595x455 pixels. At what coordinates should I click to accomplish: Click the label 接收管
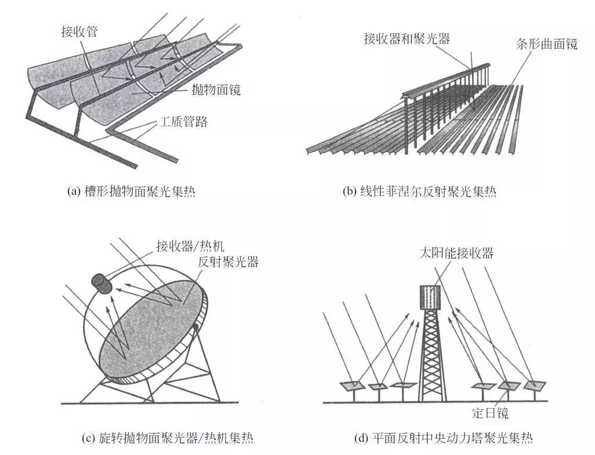pyautogui.click(x=79, y=31)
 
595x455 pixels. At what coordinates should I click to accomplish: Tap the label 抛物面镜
pyautogui.click(x=216, y=89)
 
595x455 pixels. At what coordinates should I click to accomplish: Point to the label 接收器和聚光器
pyautogui.click(x=407, y=39)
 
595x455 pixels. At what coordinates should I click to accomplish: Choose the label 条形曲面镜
pyautogui.click(x=546, y=43)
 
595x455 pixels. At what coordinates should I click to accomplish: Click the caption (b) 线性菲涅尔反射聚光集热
pyautogui.click(x=419, y=191)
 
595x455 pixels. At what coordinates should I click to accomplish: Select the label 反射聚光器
pyautogui.click(x=228, y=261)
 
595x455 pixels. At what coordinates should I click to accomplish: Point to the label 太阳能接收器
pyautogui.click(x=458, y=253)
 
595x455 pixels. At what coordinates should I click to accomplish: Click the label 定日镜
pyautogui.click(x=491, y=413)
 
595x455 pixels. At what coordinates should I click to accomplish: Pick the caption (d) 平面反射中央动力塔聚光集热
pyautogui.click(x=443, y=438)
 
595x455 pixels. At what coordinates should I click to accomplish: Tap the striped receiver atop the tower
pyautogui.click(x=431, y=298)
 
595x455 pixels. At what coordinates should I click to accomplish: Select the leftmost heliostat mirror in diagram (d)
pyautogui.click(x=351, y=385)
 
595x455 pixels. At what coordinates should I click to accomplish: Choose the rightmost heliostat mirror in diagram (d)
pyautogui.click(x=535, y=384)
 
